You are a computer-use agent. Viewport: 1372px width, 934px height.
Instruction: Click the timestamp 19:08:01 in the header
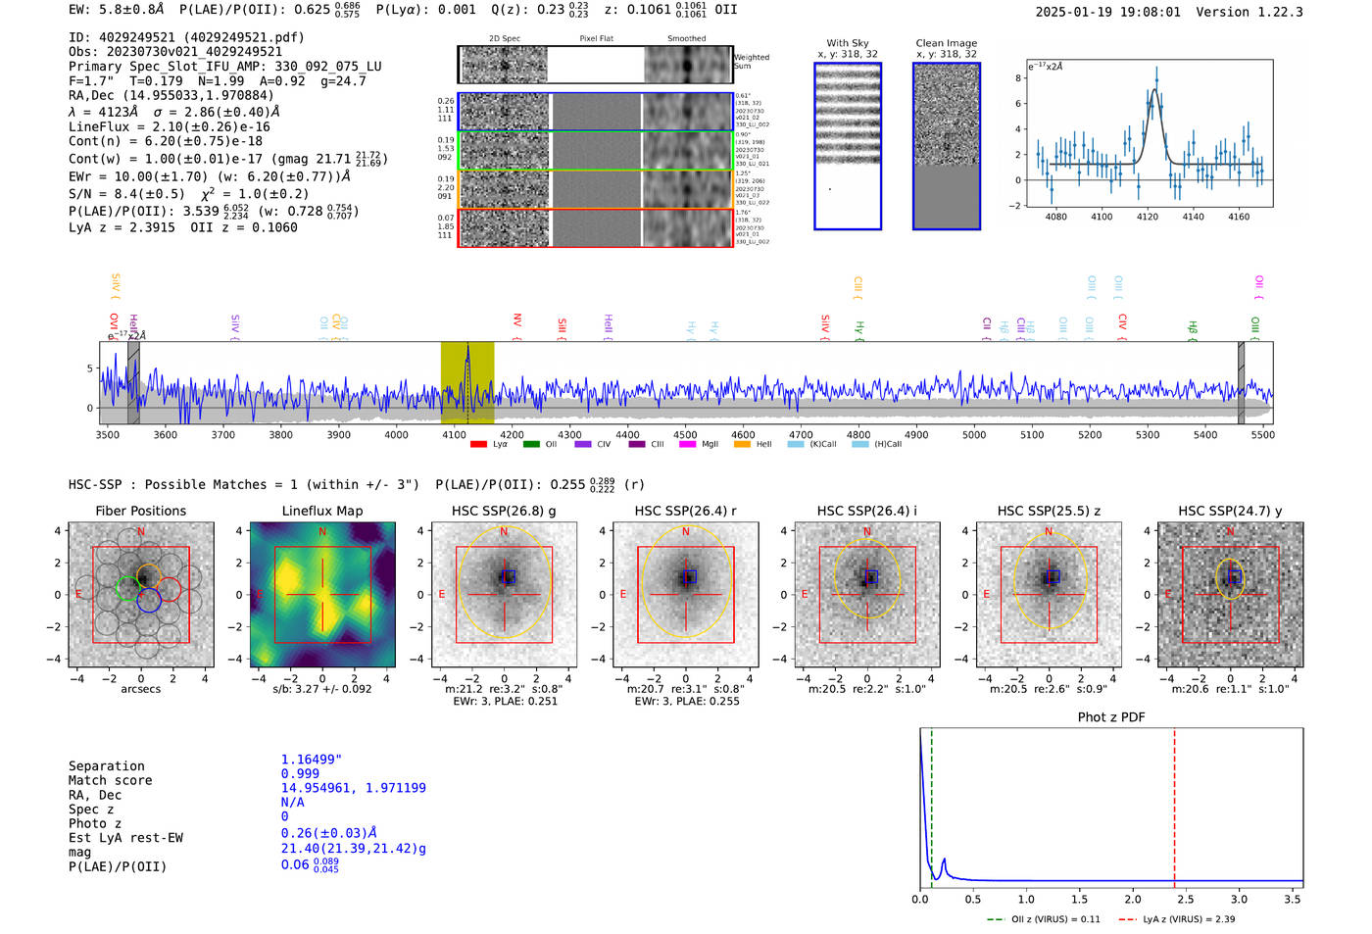pyautogui.click(x=1149, y=12)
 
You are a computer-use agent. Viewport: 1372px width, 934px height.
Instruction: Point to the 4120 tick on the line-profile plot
pyautogui.click(x=1147, y=217)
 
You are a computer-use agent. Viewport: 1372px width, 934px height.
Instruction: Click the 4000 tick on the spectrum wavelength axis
pyautogui.click(x=396, y=435)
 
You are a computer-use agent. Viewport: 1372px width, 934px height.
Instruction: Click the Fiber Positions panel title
pyautogui.click(x=140, y=511)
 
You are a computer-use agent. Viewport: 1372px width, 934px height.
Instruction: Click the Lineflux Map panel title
pyautogui.click(x=321, y=511)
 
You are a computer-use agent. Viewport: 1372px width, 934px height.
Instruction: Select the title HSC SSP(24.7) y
pyautogui.click(x=1230, y=511)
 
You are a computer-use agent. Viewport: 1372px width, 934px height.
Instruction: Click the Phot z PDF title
pyautogui.click(x=1110, y=717)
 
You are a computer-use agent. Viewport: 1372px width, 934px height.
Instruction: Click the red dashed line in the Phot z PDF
pyautogui.click(x=1174, y=804)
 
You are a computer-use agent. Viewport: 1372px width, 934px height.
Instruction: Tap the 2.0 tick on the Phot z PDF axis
pyautogui.click(x=1132, y=899)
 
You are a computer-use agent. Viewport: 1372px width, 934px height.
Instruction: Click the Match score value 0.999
pyautogui.click(x=300, y=773)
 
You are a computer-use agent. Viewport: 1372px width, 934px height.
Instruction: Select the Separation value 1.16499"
pyautogui.click(x=311, y=760)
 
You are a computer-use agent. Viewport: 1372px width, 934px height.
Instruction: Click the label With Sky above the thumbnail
pyautogui.click(x=847, y=43)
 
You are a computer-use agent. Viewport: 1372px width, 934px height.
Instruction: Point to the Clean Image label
pyautogui.click(x=946, y=43)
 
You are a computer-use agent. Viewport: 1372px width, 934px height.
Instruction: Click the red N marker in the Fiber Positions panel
pyautogui.click(x=141, y=532)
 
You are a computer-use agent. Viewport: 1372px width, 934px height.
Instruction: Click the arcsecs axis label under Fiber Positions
pyautogui.click(x=140, y=689)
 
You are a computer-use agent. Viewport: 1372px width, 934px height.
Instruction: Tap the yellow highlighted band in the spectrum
pyautogui.click(x=466, y=382)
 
